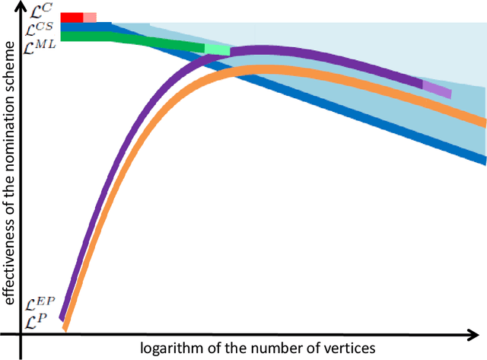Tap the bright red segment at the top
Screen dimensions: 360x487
(x=72, y=18)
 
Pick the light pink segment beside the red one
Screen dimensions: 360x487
(x=90, y=18)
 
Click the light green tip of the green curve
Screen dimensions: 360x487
(x=217, y=49)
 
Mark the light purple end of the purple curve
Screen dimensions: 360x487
(x=437, y=90)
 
